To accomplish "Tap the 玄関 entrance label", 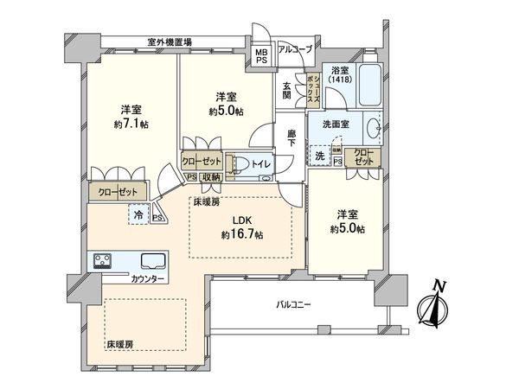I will (287, 88).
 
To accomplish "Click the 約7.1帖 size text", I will (131, 122).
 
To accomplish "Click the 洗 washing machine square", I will (319, 156).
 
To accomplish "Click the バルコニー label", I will (292, 305).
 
